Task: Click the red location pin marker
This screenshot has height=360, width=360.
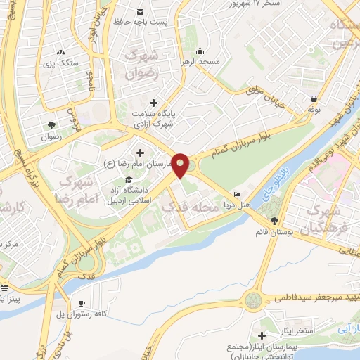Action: (181, 165)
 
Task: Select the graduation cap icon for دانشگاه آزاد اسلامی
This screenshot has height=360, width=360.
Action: (129, 181)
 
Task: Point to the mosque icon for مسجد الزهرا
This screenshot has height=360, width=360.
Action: (200, 51)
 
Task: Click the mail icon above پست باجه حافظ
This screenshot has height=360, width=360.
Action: (141, 12)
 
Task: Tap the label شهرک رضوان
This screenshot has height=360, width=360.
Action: (143, 63)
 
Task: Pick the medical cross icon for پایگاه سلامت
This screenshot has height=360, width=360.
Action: (153, 103)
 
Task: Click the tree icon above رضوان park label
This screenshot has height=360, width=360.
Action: (51, 125)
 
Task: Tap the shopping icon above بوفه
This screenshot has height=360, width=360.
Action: (313, 99)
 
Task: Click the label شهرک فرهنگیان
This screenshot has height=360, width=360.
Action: (323, 219)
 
